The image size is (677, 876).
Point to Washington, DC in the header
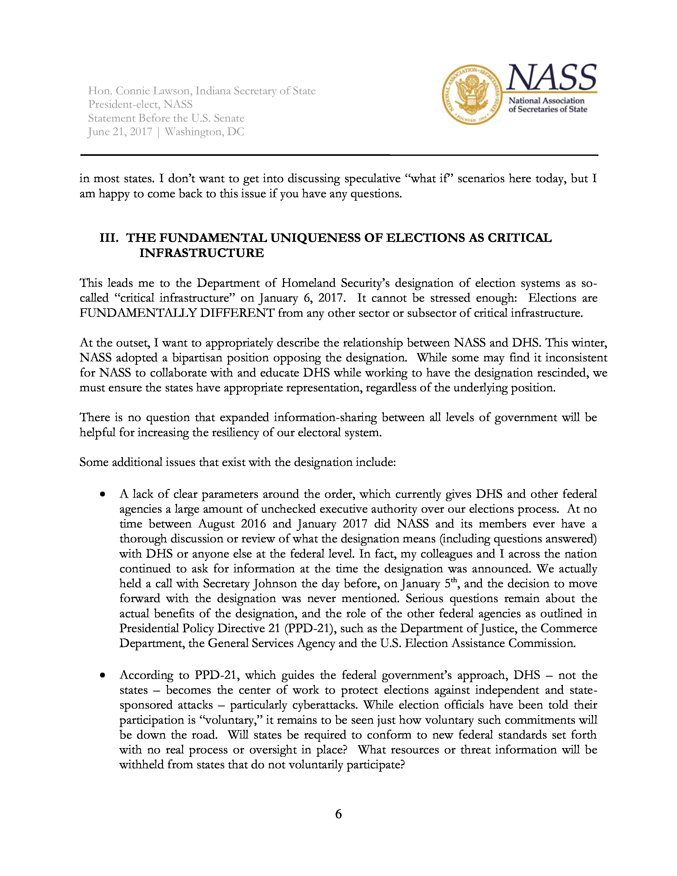pyautogui.click(x=204, y=132)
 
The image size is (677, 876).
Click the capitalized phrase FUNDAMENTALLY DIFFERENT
pyautogui.click(x=177, y=313)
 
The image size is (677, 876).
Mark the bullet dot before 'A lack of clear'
pyautogui.click(x=103, y=495)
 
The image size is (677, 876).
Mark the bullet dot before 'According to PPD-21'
pyautogui.click(x=103, y=676)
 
